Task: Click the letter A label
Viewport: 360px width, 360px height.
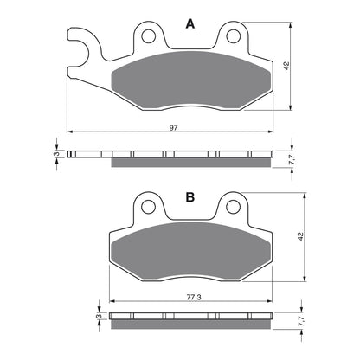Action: pyautogui.click(x=190, y=26)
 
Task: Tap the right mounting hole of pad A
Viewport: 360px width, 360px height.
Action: pyautogui.click(x=233, y=36)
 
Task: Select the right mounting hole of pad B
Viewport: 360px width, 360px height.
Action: pyautogui.click(x=233, y=208)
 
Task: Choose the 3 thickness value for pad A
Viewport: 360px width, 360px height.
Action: pyautogui.click(x=56, y=155)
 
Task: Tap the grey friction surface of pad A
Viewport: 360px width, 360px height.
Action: pyautogui.click(x=190, y=80)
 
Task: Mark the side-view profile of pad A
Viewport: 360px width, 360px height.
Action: pyautogui.click(x=173, y=158)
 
